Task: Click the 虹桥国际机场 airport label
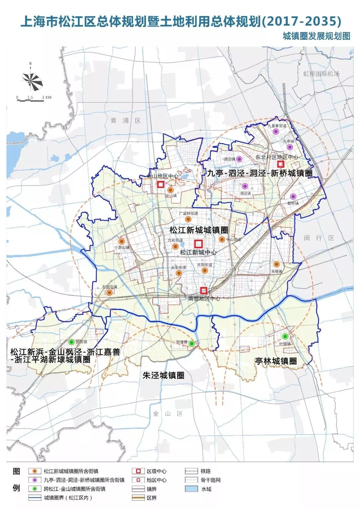[321, 74]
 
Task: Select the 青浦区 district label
[126, 121]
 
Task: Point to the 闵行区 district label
[319, 238]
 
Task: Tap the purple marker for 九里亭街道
[276, 132]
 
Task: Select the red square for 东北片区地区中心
[281, 164]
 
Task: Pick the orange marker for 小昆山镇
[122, 241]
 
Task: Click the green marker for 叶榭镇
[285, 336]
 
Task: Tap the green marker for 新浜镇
[71, 342]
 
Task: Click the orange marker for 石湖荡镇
[109, 293]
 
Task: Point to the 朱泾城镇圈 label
[163, 375]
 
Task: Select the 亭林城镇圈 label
[276, 361]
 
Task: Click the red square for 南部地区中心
[204, 290]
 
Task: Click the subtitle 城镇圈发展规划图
[316, 36]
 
